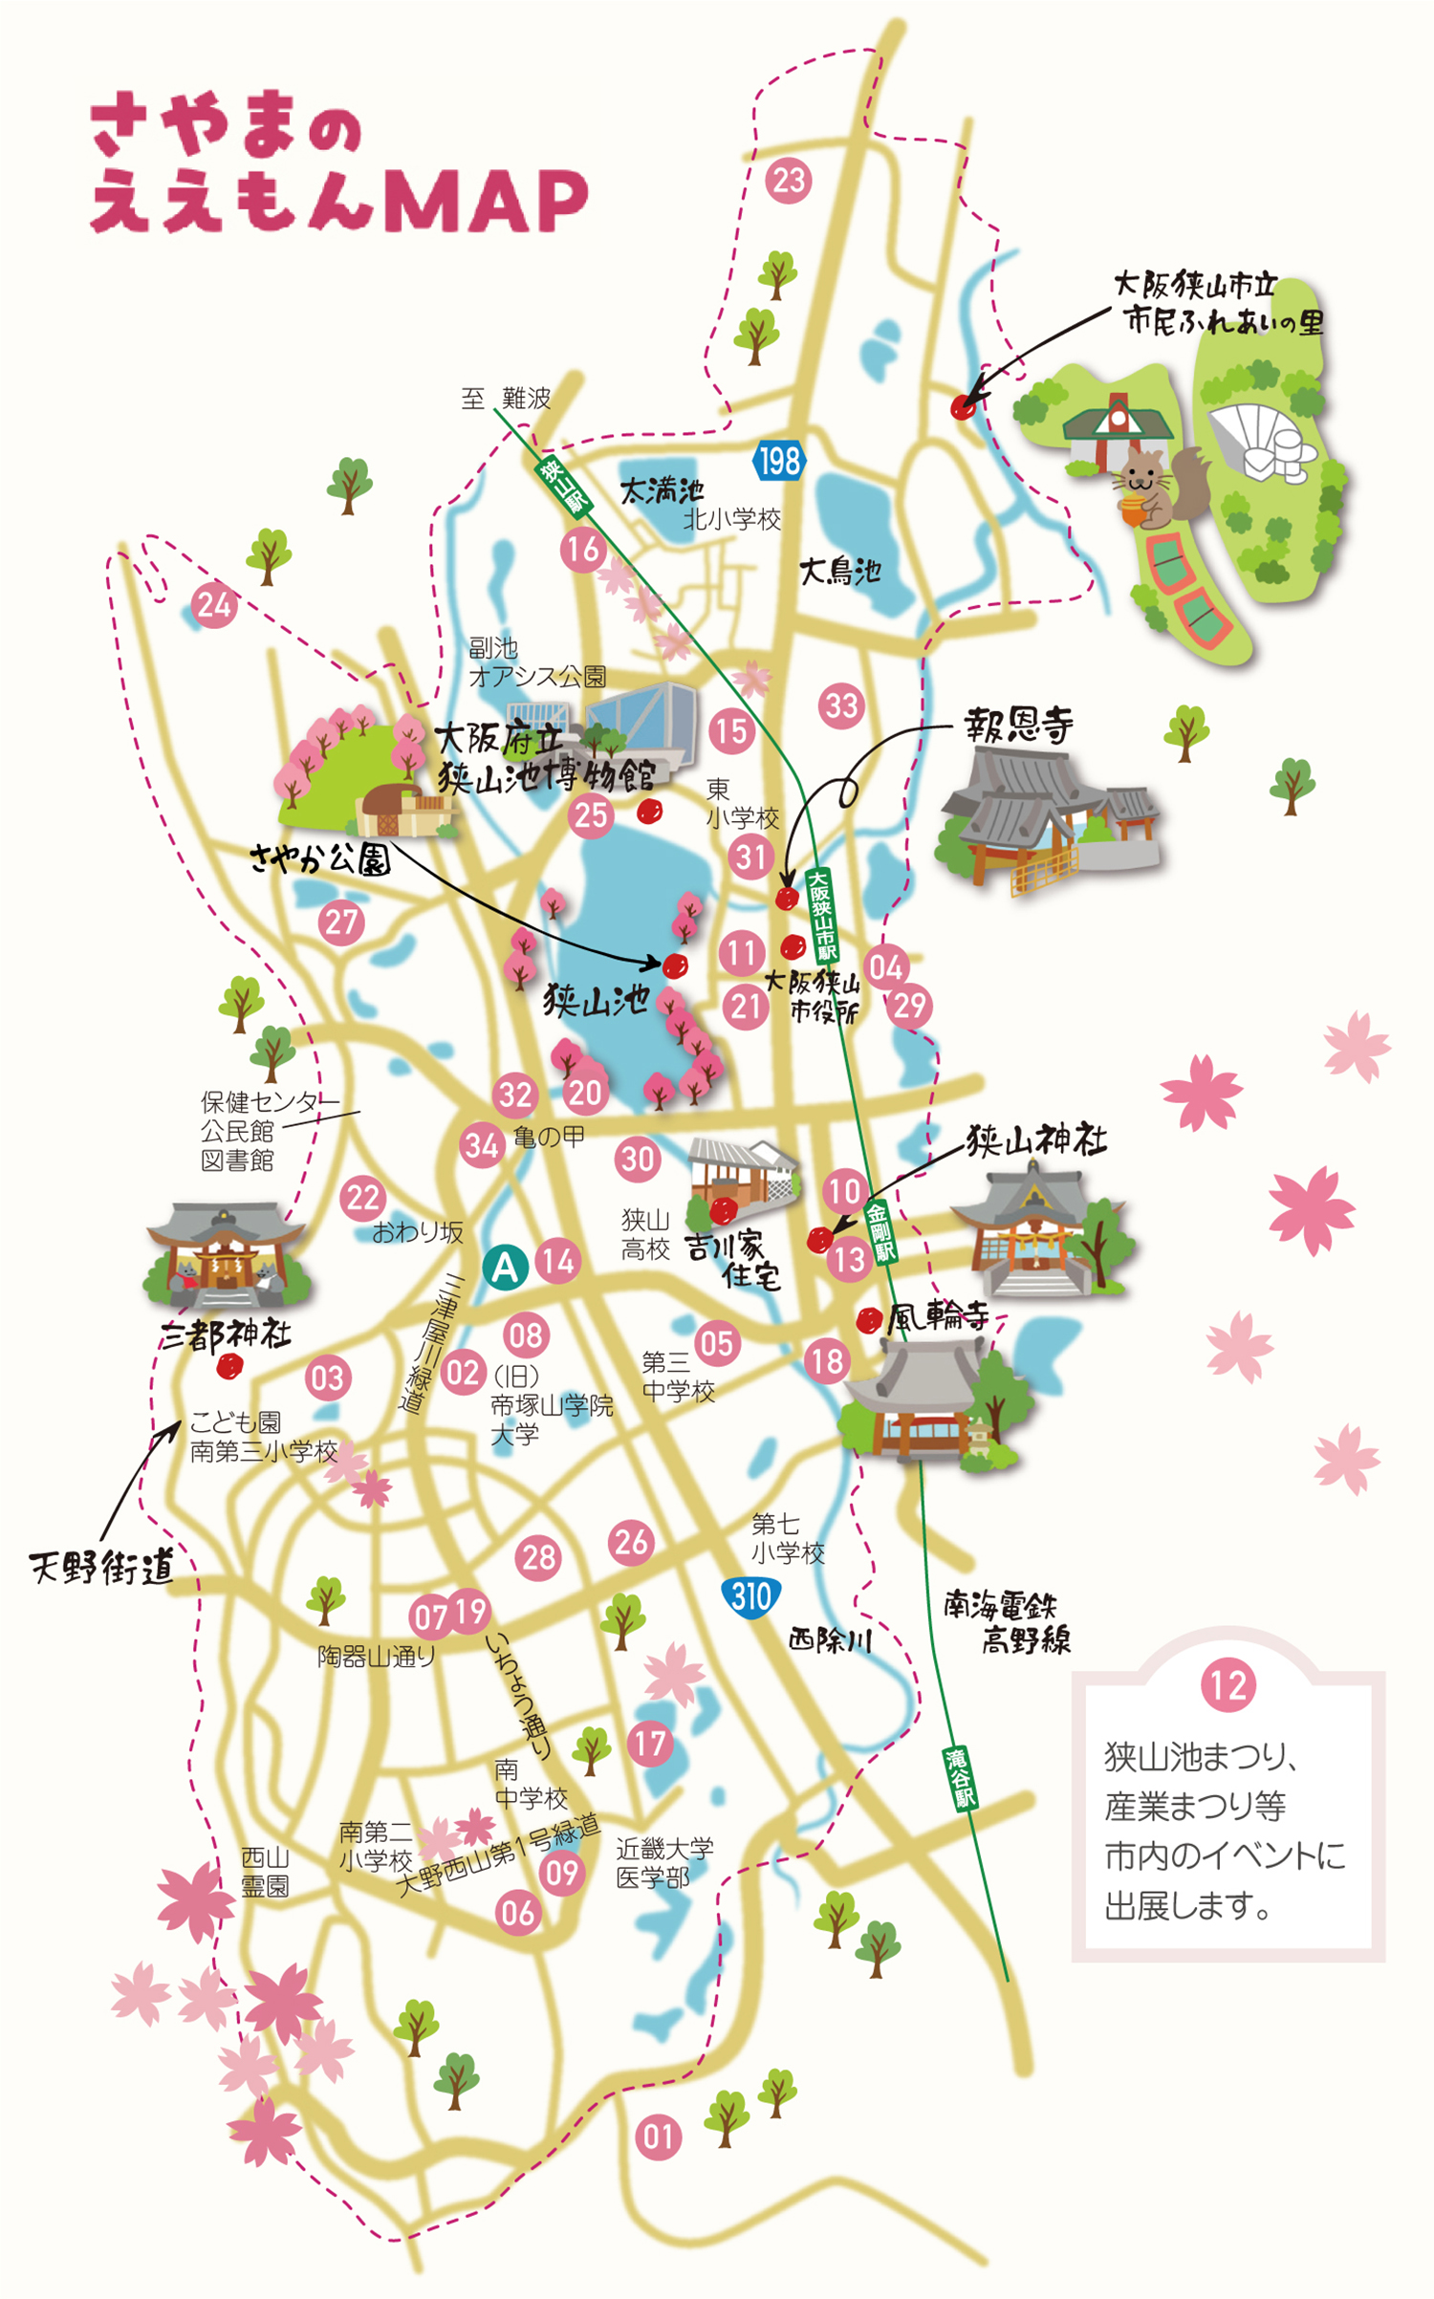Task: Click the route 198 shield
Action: click(x=778, y=462)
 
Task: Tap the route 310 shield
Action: click(x=750, y=1596)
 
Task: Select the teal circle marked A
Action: click(x=505, y=1268)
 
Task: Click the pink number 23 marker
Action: click(x=789, y=180)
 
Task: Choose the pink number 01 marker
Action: click(x=658, y=2136)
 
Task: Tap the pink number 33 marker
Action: click(x=841, y=705)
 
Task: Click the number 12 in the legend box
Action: click(x=1228, y=1711)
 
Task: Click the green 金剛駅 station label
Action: click(x=880, y=1233)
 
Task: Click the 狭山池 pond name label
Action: click(x=597, y=1002)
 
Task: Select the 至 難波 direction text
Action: click(x=506, y=398)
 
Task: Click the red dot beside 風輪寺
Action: click(x=868, y=1321)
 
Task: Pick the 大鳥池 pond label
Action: click(x=839, y=572)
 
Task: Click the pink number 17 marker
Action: click(x=650, y=1743)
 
